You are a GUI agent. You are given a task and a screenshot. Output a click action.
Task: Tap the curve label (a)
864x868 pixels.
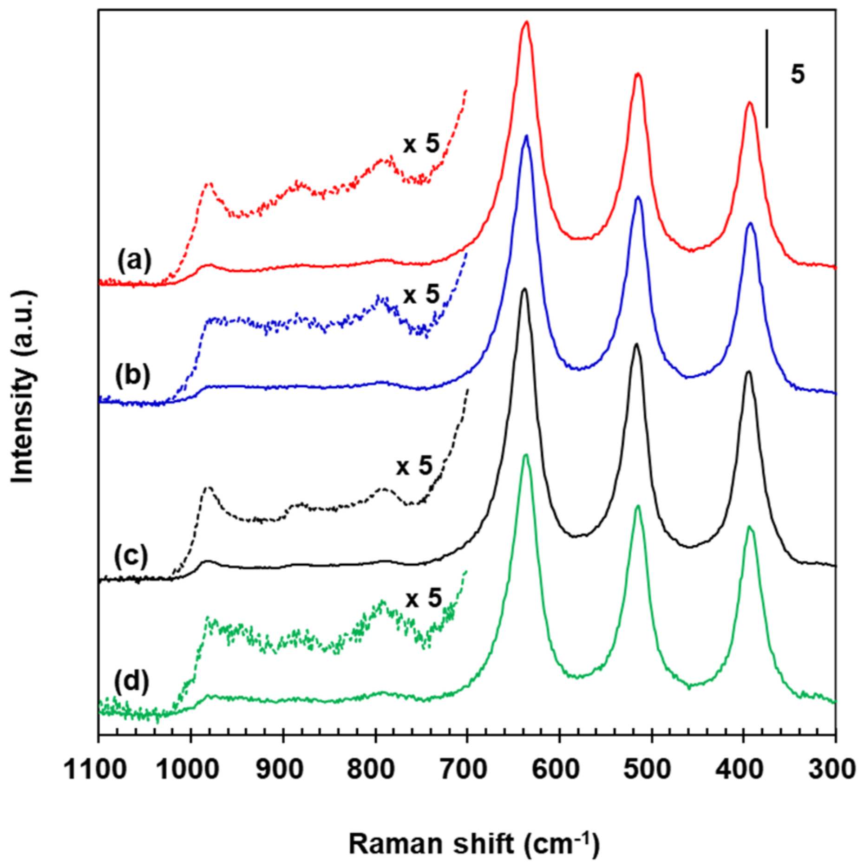click(134, 260)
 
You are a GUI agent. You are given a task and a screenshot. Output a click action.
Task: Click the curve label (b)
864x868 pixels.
click(133, 375)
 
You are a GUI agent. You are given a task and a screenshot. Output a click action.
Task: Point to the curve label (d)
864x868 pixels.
click(131, 681)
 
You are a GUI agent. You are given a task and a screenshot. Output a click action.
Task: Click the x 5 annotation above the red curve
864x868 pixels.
click(421, 144)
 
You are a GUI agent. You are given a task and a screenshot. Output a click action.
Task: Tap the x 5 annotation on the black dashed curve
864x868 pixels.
click(414, 466)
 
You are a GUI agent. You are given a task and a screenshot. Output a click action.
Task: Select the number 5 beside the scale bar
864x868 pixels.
click(798, 74)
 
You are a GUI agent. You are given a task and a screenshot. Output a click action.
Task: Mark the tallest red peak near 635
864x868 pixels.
click(526, 22)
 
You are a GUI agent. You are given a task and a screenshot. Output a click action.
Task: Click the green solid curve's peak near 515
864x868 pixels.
click(638, 506)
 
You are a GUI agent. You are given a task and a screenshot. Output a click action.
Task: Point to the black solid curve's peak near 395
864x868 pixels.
click(748, 372)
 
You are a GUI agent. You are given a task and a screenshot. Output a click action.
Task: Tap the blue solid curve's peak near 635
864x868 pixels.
click(526, 136)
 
